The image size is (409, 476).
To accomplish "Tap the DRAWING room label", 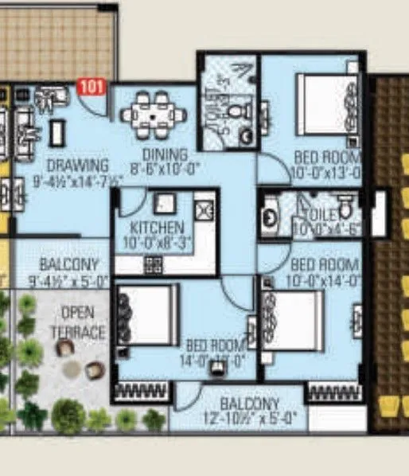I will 76,166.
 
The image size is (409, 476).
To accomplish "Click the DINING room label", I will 166,154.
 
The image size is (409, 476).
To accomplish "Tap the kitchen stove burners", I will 153,264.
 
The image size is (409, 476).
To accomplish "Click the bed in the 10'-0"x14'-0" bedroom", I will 294,320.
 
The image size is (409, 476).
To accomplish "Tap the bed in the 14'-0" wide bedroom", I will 148,314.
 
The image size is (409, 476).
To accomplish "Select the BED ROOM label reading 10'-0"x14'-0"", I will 324,271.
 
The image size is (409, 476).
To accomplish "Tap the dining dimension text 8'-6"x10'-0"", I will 166,169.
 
